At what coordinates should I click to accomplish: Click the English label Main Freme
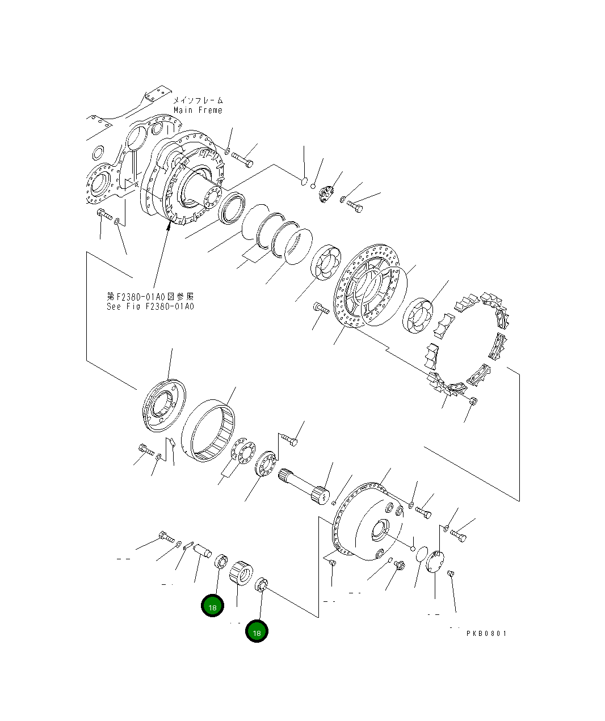(198, 110)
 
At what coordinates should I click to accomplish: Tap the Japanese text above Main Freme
(198, 100)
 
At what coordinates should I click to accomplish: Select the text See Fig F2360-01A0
(150, 306)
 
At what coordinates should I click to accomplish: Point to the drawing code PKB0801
(486, 634)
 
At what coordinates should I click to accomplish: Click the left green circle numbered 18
(212, 606)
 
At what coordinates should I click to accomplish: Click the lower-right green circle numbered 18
(257, 632)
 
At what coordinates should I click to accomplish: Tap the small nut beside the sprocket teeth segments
(474, 401)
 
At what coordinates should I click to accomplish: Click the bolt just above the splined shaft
(289, 440)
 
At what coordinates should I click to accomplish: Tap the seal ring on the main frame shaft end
(231, 208)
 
